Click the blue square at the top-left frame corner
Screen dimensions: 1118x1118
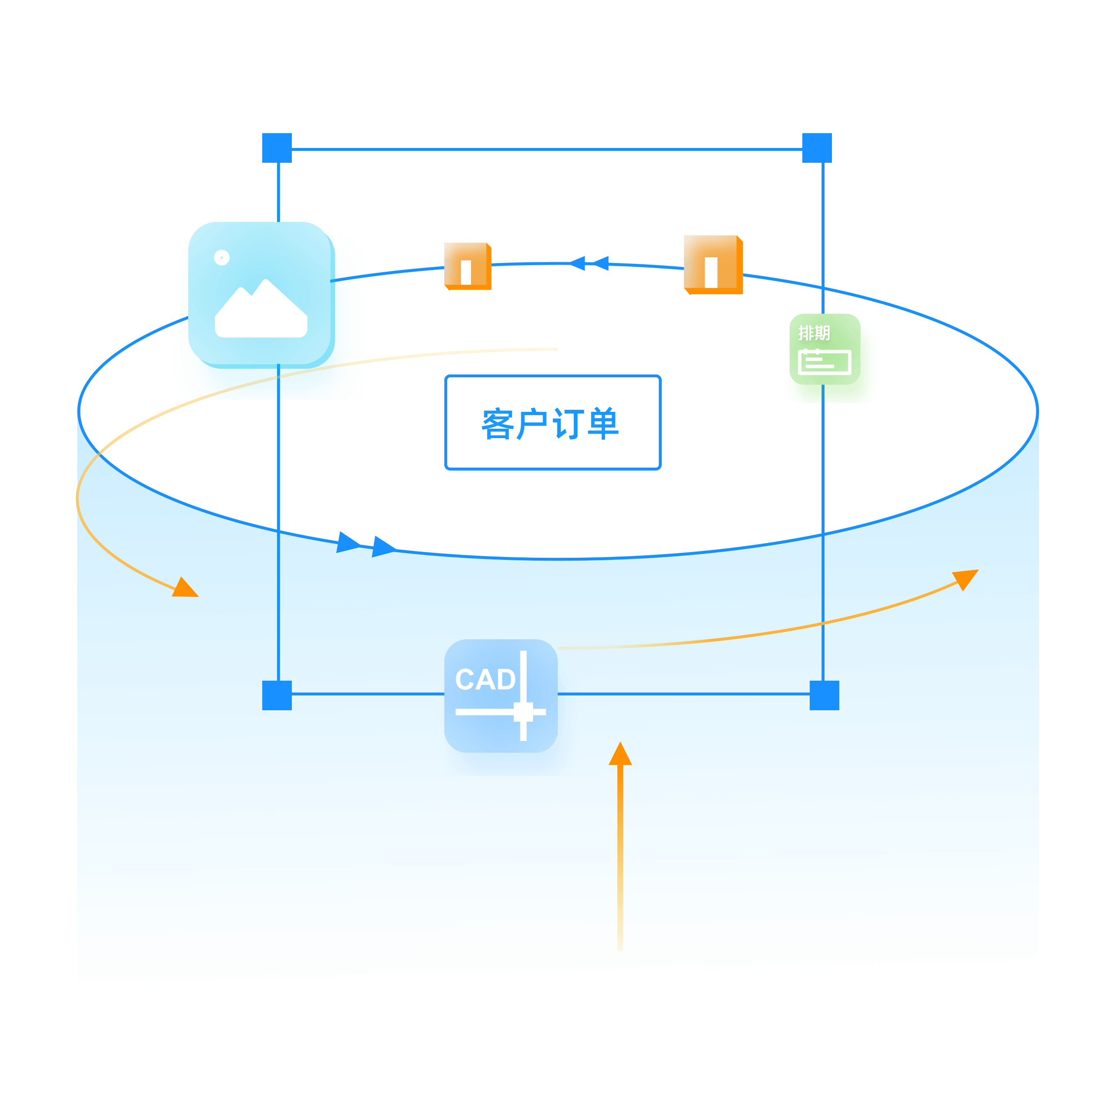[277, 148]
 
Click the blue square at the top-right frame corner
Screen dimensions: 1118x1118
[817, 148]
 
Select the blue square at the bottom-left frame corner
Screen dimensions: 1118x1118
[277, 695]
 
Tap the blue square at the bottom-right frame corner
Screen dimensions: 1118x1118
[824, 695]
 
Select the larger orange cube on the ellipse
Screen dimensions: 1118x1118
[713, 264]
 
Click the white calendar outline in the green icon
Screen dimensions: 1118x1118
[824, 362]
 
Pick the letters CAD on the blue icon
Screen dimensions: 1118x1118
[485, 679]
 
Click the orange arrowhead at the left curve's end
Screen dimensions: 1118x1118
[186, 588]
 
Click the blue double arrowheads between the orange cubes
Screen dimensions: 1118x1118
[589, 263]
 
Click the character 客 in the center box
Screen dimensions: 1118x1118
[498, 424]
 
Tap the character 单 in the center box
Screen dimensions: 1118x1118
[603, 424]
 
